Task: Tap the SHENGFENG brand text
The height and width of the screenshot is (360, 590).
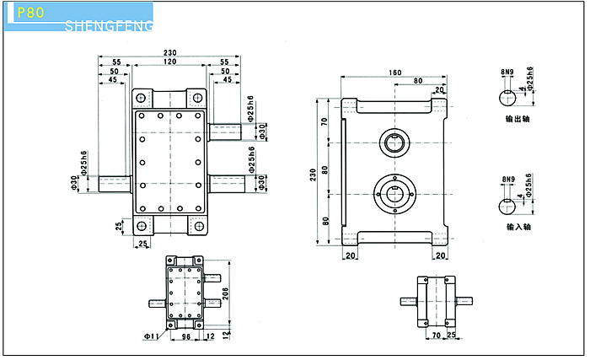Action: pos(110,27)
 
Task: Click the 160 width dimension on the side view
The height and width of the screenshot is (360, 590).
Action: pos(395,73)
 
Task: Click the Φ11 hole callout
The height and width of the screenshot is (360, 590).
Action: pos(152,336)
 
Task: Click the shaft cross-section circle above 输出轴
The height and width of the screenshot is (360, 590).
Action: pos(507,97)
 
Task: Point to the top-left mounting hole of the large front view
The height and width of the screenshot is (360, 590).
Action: pos(141,95)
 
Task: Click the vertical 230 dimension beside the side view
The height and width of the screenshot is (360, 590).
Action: pos(314,173)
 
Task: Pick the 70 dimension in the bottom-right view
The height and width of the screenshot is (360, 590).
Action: pos(437,336)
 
